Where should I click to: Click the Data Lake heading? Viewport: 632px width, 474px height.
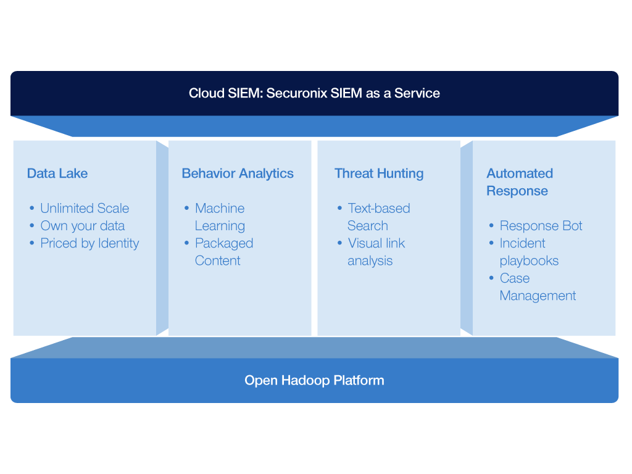point(57,173)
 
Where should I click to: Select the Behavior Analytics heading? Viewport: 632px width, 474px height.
point(238,173)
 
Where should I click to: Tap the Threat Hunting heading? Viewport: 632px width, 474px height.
point(379,173)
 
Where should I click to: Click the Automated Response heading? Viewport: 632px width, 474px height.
point(519,182)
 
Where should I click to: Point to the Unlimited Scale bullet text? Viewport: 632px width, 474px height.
point(85,209)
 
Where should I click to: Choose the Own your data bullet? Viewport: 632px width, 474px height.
point(82,226)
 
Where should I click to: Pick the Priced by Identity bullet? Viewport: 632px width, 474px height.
point(89,243)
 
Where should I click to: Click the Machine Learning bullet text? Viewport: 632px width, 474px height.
point(220,217)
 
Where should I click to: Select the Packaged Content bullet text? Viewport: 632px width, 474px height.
point(223,252)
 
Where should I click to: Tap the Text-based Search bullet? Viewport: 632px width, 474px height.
point(378,217)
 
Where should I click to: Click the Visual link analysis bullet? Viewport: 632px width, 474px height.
point(376,252)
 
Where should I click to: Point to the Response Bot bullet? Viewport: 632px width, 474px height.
point(541,226)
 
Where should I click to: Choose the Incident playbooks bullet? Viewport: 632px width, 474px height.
point(529,252)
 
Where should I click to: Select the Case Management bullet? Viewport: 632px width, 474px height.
point(537,287)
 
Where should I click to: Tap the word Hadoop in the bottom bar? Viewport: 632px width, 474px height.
point(306,380)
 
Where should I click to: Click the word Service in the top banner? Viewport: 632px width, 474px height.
point(417,94)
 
